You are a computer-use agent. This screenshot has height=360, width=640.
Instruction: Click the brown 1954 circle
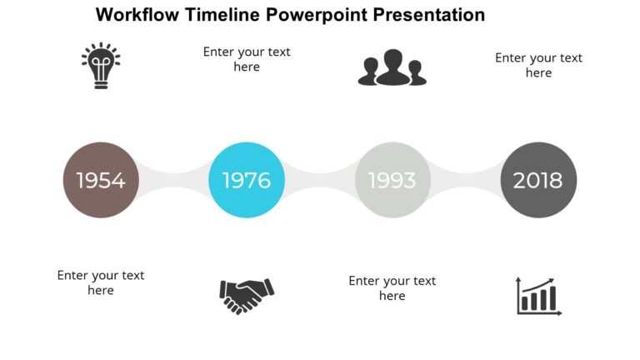[x=101, y=180]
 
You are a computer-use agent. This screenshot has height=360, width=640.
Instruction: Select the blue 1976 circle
[x=247, y=180]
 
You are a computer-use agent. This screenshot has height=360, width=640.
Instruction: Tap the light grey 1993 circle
[x=392, y=180]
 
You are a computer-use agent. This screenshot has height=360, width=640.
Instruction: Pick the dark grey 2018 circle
[x=538, y=180]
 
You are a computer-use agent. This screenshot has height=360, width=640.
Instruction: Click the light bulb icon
[x=101, y=66]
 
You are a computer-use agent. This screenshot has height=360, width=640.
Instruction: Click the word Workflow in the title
[x=137, y=15]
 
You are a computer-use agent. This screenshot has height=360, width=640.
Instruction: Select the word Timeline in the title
[x=223, y=15]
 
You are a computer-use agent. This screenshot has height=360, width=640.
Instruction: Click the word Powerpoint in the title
[x=320, y=15]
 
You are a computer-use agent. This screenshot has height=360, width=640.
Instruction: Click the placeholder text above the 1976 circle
[x=247, y=59]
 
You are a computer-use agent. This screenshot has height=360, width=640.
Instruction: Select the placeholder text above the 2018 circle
[x=538, y=65]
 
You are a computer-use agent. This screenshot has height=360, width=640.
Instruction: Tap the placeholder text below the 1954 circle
[x=101, y=282]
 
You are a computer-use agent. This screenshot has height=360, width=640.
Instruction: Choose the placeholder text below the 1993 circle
[x=392, y=287]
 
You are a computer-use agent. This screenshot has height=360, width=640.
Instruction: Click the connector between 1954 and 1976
[x=173, y=180]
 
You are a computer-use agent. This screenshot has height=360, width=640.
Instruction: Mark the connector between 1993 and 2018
[x=466, y=180]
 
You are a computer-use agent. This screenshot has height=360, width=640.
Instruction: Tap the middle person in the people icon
[x=392, y=67]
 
